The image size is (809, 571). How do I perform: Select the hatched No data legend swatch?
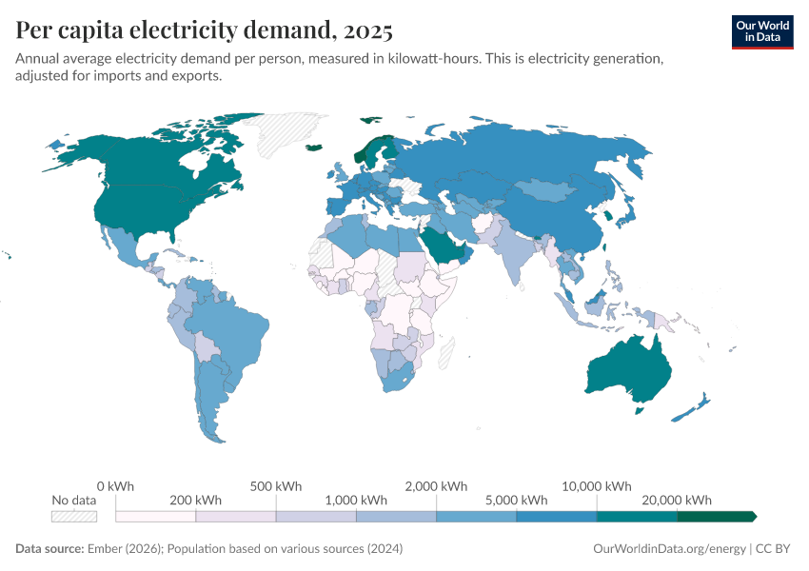click(x=74, y=516)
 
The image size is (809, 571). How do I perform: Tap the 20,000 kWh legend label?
click(x=679, y=500)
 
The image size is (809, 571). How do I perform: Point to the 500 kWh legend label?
click(x=276, y=485)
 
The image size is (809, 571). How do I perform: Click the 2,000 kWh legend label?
click(x=437, y=485)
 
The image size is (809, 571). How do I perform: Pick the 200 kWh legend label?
click(x=196, y=500)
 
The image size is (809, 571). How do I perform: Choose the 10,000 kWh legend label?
click(x=598, y=485)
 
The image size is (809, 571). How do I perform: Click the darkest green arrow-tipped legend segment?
click(x=717, y=516)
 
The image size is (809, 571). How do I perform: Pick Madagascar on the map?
click(x=444, y=353)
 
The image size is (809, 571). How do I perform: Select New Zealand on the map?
click(x=694, y=406)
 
